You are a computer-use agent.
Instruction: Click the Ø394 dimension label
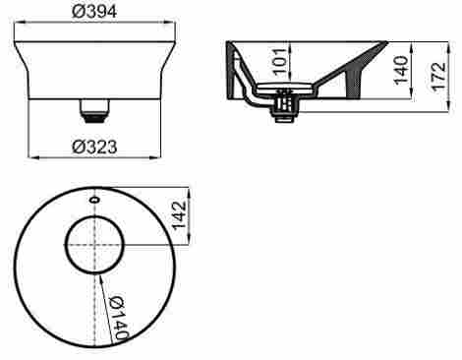[94, 12]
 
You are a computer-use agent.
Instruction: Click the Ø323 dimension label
[94, 147]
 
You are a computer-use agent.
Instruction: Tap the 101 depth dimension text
[279, 62]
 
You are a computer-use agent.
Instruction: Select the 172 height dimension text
[438, 76]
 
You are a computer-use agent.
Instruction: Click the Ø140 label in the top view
[118, 318]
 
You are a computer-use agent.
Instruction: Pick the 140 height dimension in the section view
[401, 70]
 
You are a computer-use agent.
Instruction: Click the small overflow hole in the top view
[94, 200]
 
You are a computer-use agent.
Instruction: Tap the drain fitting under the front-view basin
[94, 111]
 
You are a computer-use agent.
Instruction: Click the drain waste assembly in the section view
[284, 105]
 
